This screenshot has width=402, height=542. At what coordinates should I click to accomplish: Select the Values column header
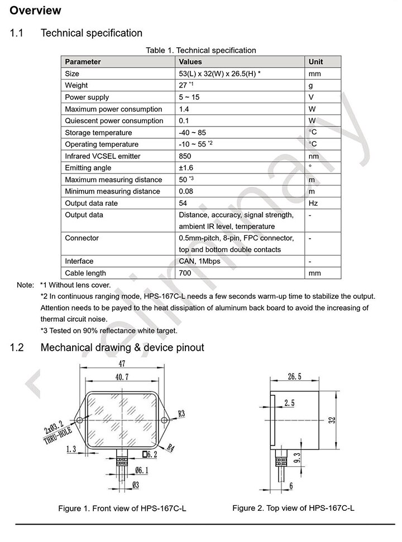coord(190,62)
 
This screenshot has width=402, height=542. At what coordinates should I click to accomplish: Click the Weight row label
coord(76,85)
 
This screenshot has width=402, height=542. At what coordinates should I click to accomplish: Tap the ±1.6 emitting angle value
coord(187,168)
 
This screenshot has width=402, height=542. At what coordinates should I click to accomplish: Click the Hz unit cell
coord(313,203)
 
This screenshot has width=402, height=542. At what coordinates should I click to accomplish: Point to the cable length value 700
coord(185,273)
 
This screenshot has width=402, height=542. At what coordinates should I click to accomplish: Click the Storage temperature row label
coord(98,133)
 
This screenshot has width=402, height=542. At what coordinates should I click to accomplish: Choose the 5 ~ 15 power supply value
coord(190,98)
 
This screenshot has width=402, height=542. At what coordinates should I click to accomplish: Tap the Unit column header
coord(315,62)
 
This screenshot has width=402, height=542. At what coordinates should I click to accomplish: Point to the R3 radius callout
coord(181,413)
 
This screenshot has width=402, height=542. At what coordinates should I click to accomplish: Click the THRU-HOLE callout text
coord(58,439)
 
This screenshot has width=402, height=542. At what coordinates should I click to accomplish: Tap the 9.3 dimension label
coord(296,458)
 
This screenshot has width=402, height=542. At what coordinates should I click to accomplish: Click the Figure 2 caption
coord(293,507)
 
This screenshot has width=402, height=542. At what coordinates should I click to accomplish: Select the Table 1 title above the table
coord(201,50)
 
